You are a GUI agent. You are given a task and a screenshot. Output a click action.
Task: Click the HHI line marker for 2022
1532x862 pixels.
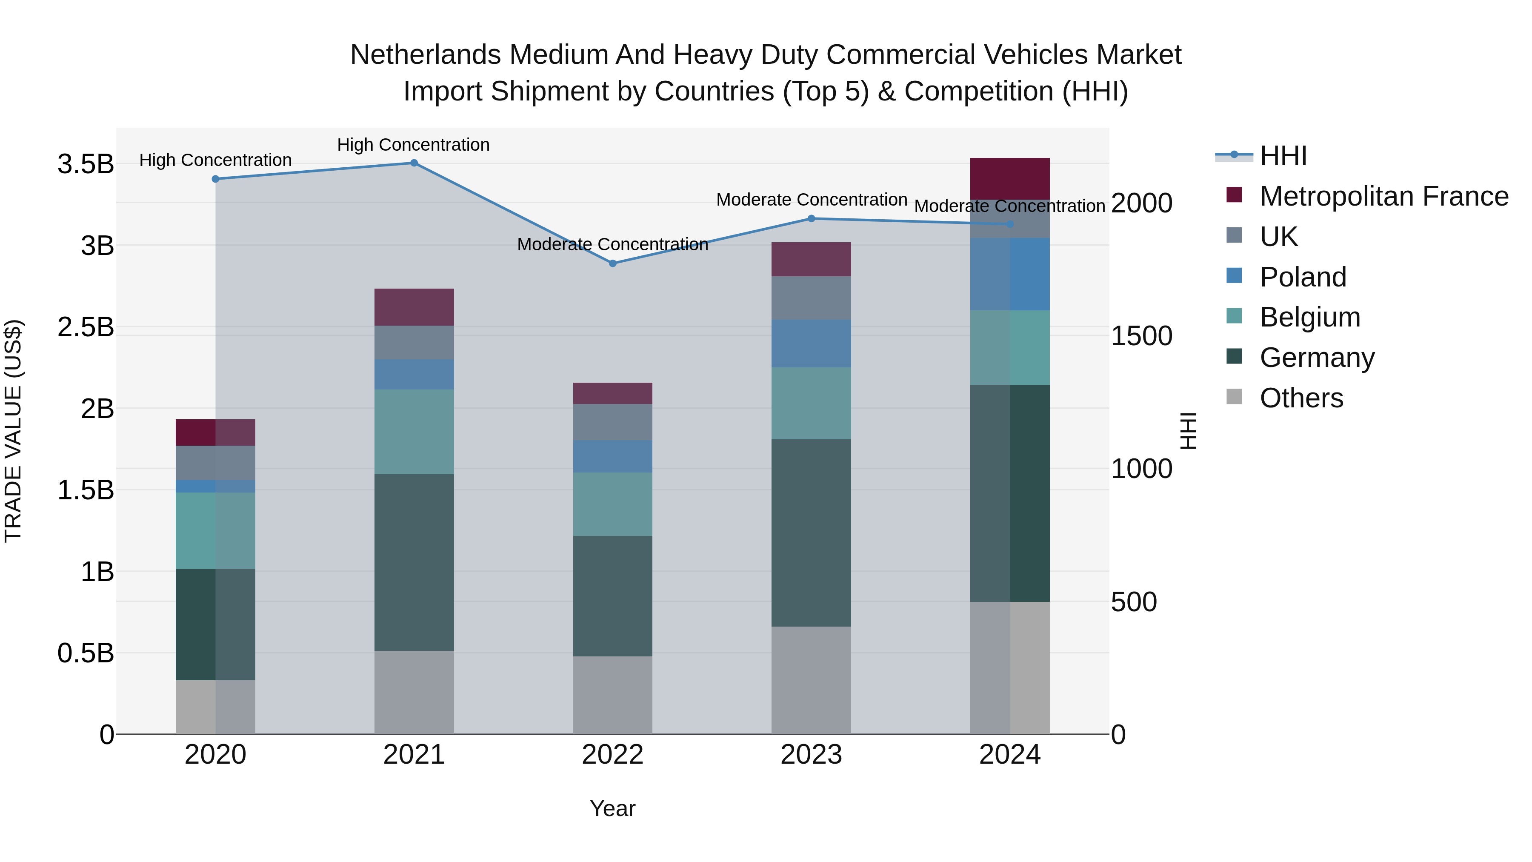[x=612, y=263]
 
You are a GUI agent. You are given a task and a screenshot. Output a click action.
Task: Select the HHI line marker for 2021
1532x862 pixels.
[x=414, y=163]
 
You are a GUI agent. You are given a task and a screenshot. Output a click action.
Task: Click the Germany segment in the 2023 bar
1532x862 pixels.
[x=811, y=533]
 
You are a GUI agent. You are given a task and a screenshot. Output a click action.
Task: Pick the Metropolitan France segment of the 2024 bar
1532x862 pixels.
[x=1010, y=178]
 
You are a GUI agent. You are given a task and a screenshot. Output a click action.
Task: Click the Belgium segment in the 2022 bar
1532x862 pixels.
[x=612, y=504]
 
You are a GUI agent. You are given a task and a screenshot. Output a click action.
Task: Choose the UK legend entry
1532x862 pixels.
[x=1279, y=237]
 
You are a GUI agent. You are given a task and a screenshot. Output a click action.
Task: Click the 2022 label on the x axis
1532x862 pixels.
[x=612, y=755]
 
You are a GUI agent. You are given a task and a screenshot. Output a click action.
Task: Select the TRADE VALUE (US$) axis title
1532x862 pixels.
[x=13, y=431]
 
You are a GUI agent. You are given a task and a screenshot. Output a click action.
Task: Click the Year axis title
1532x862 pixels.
[x=612, y=808]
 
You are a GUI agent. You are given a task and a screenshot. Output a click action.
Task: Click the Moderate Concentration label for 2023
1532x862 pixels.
[x=811, y=200]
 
